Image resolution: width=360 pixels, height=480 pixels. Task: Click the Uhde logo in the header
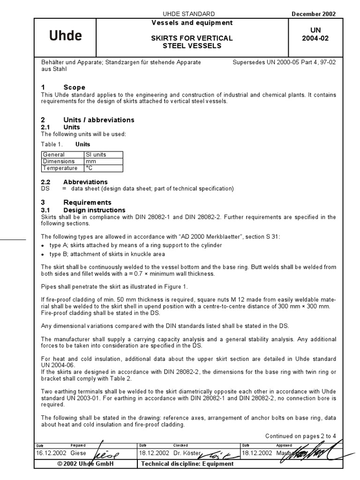click(66, 36)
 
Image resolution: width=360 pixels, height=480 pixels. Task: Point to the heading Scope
click(74, 87)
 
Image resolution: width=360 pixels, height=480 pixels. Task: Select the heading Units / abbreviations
click(98, 120)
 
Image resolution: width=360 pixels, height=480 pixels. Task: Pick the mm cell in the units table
click(90, 161)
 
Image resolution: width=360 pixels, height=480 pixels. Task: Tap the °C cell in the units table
click(89, 168)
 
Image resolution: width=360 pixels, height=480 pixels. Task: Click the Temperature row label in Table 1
click(60, 168)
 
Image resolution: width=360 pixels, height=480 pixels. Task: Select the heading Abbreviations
click(85, 182)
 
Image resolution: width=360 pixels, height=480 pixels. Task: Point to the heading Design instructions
click(94, 210)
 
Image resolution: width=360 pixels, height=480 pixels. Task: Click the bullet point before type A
click(43, 246)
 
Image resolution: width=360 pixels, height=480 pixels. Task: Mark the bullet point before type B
click(43, 255)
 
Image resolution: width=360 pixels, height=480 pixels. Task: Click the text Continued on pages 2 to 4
click(300, 436)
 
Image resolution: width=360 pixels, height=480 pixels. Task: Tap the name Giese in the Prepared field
click(79, 453)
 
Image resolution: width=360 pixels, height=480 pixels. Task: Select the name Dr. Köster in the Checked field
click(187, 453)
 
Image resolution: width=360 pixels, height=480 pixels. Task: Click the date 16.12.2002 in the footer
click(51, 453)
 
